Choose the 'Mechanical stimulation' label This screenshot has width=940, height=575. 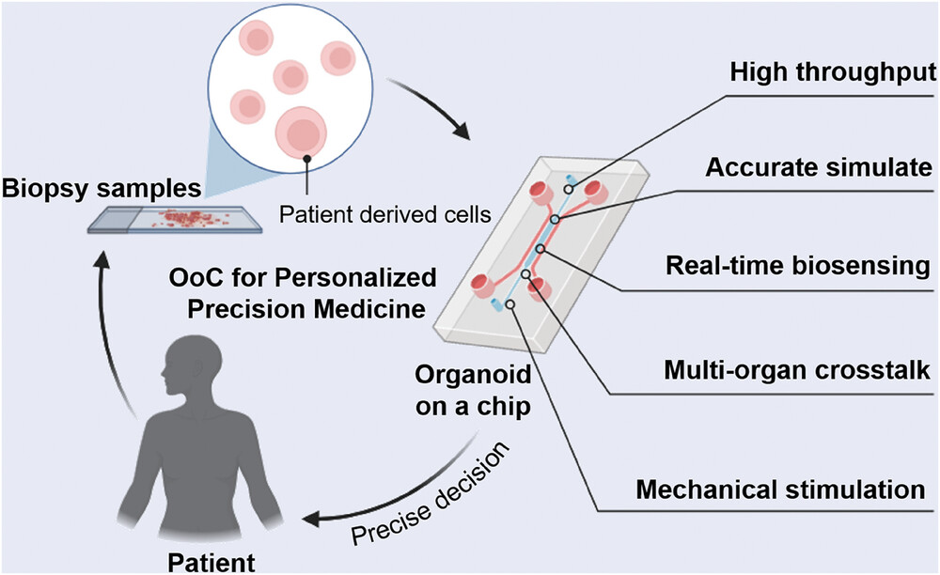[789, 490]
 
